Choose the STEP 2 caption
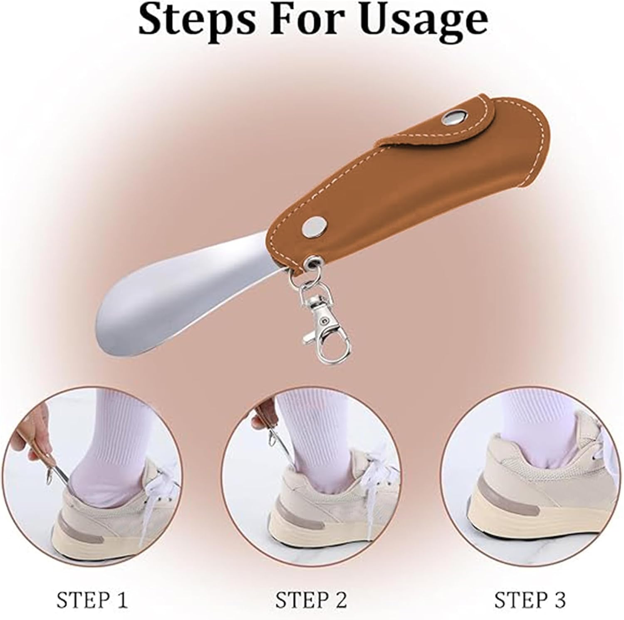pos(311,600)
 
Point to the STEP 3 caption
pos(530,600)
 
